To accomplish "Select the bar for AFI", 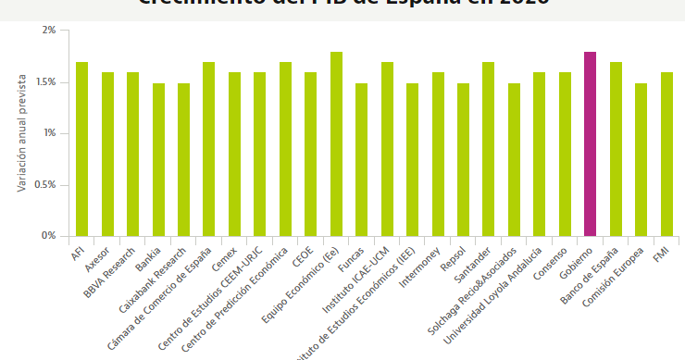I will point(81,149).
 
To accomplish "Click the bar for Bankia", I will point(158,159).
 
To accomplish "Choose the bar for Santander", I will point(489,149).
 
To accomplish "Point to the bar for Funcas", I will point(362,159).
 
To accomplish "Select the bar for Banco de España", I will point(616,149).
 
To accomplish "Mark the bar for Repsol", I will point(463,159).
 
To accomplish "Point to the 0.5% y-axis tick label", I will point(44,185).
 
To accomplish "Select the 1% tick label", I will point(49,133).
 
